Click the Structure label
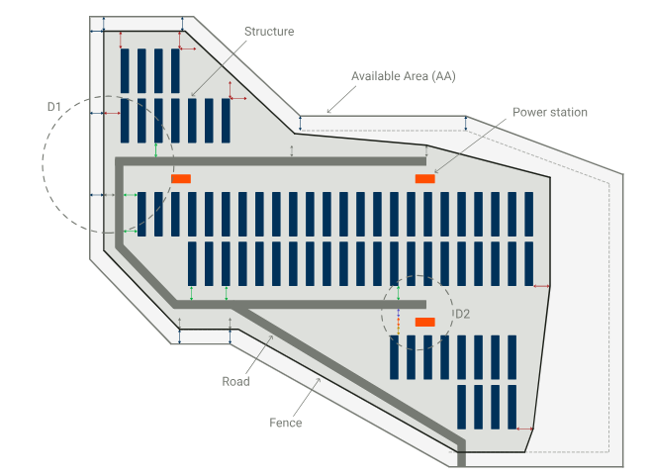click(x=269, y=32)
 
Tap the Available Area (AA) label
click(x=404, y=76)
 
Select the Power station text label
click(x=549, y=113)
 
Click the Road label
click(x=235, y=381)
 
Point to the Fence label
click(x=286, y=423)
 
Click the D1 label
click(x=54, y=105)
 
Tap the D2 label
click(x=462, y=315)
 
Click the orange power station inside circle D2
click(x=425, y=323)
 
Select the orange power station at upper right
click(x=425, y=178)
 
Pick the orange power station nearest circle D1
click(x=181, y=178)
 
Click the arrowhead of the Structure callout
click(x=191, y=97)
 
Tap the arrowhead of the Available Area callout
click(x=328, y=111)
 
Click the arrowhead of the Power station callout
click(x=433, y=174)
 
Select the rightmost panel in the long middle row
click(x=530, y=214)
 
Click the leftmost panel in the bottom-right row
click(x=463, y=407)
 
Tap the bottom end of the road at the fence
click(x=462, y=459)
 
